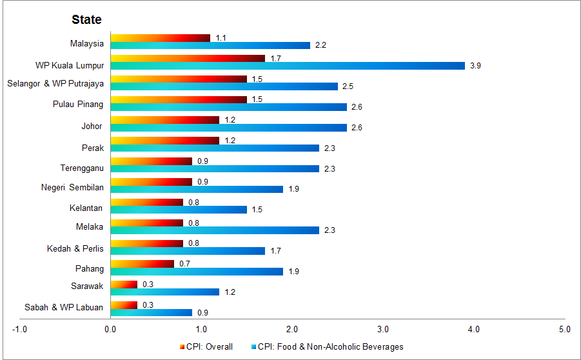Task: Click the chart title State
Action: click(x=86, y=19)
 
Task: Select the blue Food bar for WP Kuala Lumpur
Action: click(x=287, y=66)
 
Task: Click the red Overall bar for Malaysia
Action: click(x=160, y=38)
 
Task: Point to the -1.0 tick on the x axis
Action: click(x=19, y=330)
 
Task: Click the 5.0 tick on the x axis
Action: click(x=564, y=330)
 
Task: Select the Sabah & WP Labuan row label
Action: click(x=63, y=307)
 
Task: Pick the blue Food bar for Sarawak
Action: click(x=164, y=292)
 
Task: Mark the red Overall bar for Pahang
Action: click(x=142, y=264)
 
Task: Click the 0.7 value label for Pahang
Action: click(x=184, y=264)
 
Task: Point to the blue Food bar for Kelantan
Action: click(x=178, y=210)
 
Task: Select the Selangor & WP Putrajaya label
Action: click(x=55, y=83)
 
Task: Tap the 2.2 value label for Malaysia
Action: click(x=320, y=45)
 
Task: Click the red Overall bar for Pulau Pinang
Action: click(x=178, y=99)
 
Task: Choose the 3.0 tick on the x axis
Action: click(x=383, y=330)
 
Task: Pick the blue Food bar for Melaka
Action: click(x=214, y=230)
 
